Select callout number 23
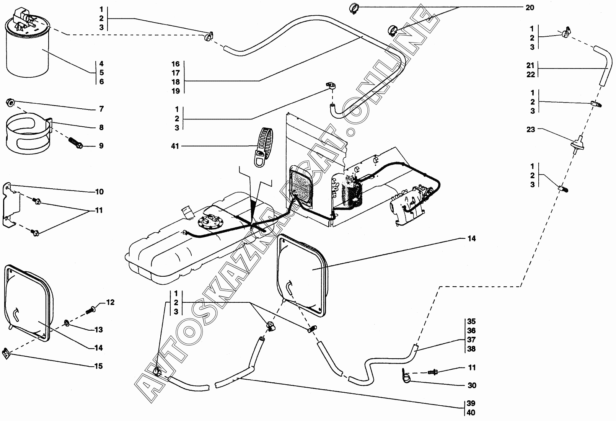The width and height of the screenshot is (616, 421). [x=530, y=129]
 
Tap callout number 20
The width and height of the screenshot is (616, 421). [x=530, y=8]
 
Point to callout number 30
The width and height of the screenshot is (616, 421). [x=472, y=385]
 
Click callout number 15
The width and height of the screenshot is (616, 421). [x=98, y=366]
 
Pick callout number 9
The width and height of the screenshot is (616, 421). [x=101, y=146]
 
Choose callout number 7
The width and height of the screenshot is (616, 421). [x=101, y=109]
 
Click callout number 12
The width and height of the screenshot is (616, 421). [x=110, y=303]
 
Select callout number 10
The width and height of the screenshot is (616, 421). [x=99, y=192]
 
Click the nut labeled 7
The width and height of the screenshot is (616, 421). [x=11, y=102]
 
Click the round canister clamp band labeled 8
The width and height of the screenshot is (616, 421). [x=27, y=134]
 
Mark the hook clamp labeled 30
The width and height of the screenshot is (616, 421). [x=407, y=377]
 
